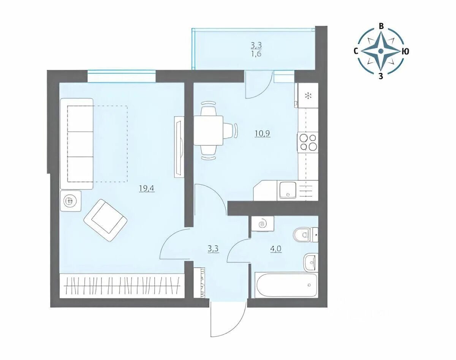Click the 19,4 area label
point(147,188)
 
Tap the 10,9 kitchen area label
point(262,134)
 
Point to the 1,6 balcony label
point(256,54)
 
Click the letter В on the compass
point(381,26)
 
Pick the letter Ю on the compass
point(405,52)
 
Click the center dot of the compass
point(381,51)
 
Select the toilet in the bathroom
point(306,235)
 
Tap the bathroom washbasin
point(310,262)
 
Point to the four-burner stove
point(308,142)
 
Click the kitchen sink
point(288,190)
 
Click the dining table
point(209,130)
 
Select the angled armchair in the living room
point(106,220)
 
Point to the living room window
point(122,77)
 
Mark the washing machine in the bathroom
point(263,223)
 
